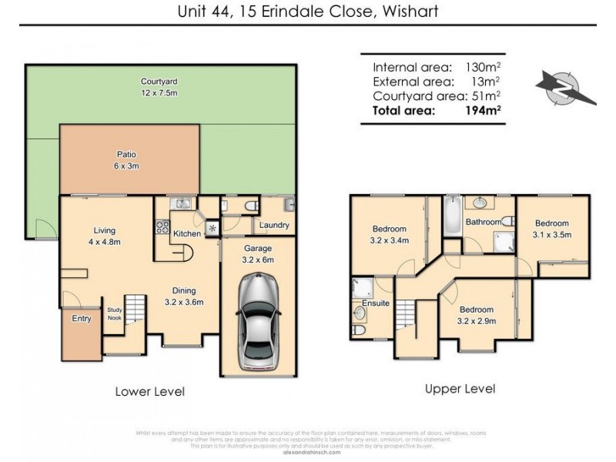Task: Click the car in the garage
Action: tap(258, 320)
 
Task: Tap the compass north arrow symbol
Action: tap(567, 86)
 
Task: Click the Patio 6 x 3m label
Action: tap(127, 159)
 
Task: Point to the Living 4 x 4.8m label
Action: tap(104, 235)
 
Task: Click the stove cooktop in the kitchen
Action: tap(163, 226)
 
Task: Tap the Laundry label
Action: tap(274, 226)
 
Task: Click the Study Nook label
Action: tap(114, 313)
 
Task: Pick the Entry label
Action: tap(81, 318)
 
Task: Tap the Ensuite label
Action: tap(375, 303)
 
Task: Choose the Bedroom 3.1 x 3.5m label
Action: tap(552, 229)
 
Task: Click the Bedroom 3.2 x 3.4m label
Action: tap(391, 234)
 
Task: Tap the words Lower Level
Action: tap(150, 391)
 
